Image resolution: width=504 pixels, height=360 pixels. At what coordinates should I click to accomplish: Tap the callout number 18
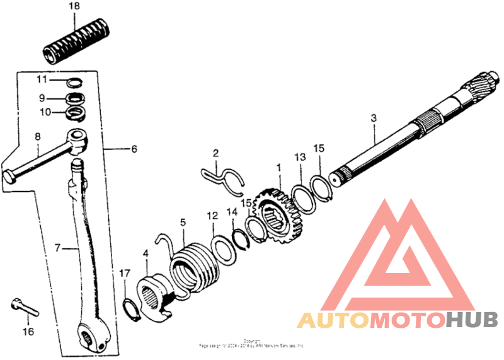(74, 6)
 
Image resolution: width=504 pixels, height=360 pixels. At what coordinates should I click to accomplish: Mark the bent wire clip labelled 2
(222, 177)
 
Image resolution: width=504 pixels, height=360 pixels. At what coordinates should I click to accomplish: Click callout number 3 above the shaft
(374, 118)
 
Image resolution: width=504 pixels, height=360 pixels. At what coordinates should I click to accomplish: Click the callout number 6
(134, 149)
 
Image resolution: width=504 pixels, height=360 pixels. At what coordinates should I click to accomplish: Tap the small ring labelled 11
(76, 83)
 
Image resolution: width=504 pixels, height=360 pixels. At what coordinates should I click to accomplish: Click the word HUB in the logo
(472, 320)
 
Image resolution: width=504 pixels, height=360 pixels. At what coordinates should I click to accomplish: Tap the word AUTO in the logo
(333, 320)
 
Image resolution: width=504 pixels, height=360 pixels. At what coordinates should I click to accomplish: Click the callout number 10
(42, 112)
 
